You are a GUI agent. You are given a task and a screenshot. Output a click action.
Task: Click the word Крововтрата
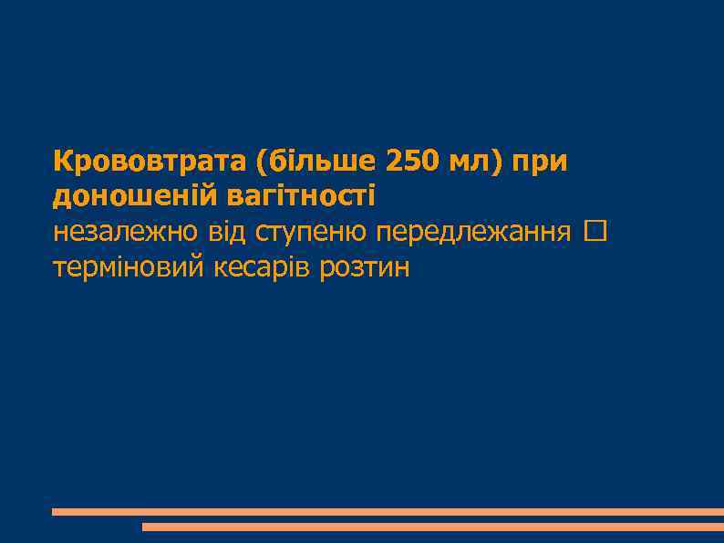coord(150,162)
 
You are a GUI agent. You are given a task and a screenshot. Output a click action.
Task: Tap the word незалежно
coord(124,232)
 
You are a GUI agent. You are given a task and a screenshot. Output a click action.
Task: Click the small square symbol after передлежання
coord(596,232)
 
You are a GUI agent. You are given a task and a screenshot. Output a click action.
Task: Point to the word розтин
coord(366,268)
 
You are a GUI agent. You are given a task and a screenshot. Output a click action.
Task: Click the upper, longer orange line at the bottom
coord(388,512)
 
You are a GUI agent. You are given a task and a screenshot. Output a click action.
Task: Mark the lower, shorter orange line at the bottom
coord(433,527)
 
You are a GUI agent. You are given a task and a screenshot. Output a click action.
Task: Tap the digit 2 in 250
coord(395,162)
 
